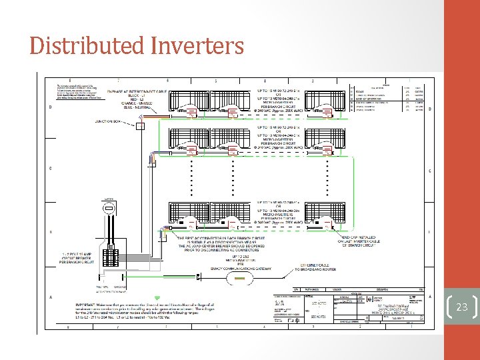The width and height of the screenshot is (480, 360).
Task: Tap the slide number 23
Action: pyautogui.click(x=462, y=307)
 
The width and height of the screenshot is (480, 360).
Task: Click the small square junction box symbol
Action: pyautogui.click(x=141, y=125)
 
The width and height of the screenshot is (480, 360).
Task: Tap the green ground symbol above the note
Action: pyautogui.click(x=157, y=297)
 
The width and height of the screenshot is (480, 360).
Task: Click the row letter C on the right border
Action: pyautogui.click(x=428, y=171)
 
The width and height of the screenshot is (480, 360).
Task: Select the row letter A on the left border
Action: pyautogui.click(x=51, y=297)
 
